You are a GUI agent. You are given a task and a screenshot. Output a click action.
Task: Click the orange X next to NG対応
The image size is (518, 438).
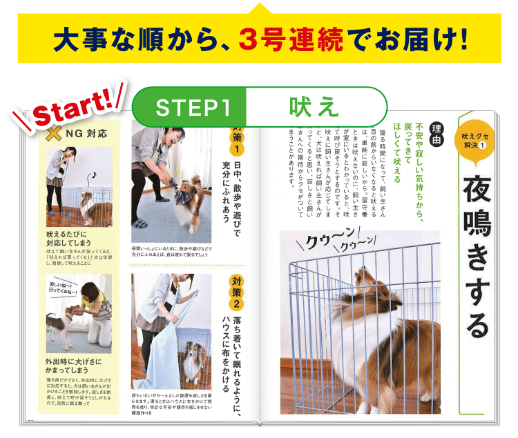pyautogui.click(x=53, y=133)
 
